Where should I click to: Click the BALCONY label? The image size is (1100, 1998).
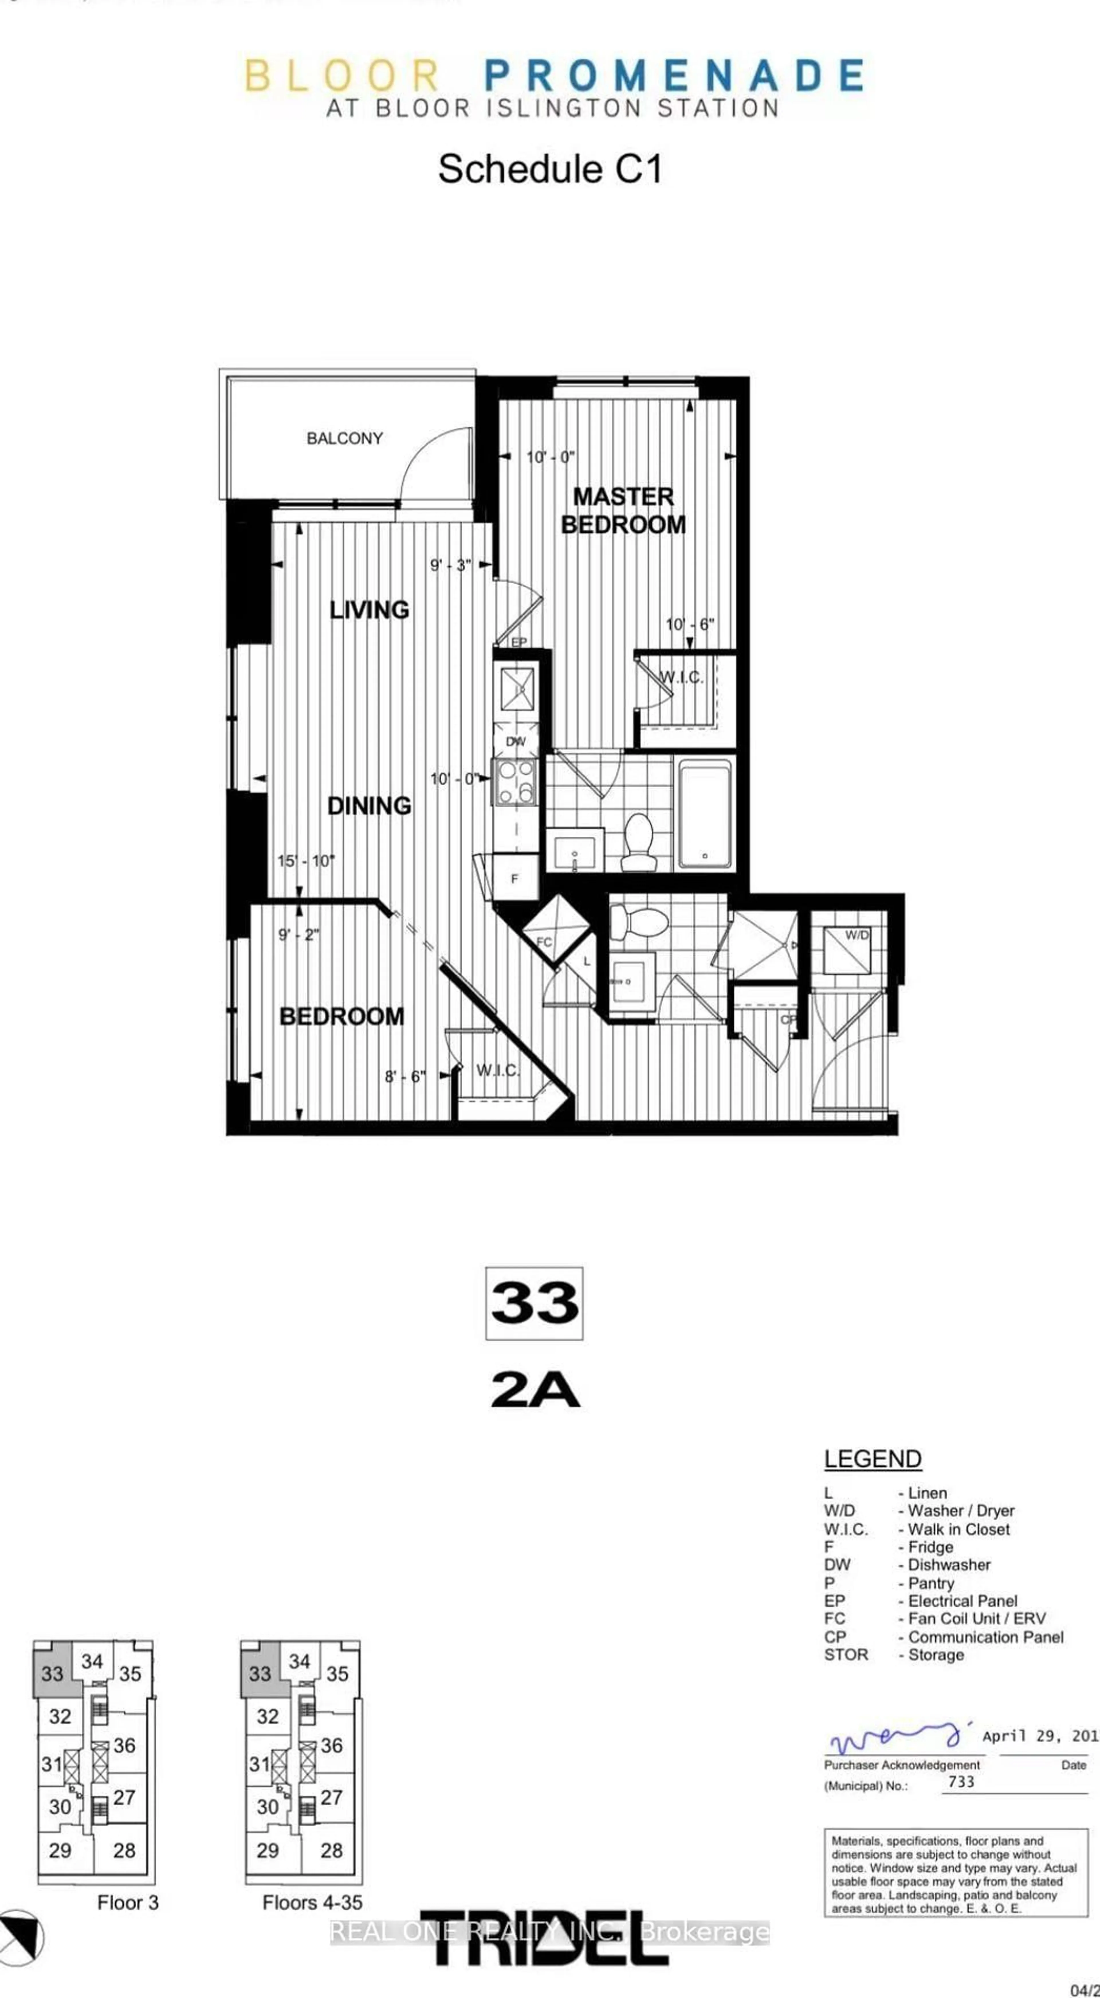click(344, 438)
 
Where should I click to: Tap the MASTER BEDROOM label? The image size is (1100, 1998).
click(623, 510)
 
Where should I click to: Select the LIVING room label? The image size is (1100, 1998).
click(369, 610)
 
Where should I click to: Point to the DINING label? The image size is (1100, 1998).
click(369, 806)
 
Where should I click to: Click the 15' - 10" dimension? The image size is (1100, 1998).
click(306, 861)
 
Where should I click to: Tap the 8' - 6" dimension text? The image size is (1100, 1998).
click(405, 1076)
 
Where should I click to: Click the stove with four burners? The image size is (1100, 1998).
click(516, 782)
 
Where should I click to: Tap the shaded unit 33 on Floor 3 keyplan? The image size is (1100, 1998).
click(54, 1673)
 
